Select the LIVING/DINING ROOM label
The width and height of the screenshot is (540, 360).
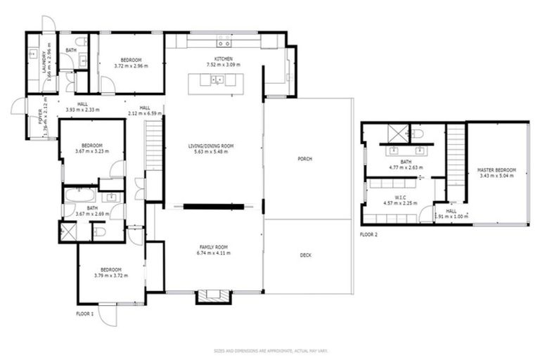click(x=210, y=146)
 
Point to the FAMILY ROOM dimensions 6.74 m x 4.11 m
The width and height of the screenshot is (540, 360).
click(x=214, y=252)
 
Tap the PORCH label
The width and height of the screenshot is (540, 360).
click(x=304, y=159)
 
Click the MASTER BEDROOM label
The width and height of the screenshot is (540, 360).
click(x=496, y=170)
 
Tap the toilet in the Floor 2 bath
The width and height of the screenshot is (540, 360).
click(x=416, y=133)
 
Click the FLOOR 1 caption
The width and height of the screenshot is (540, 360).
click(x=86, y=314)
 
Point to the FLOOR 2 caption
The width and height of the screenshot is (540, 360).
click(x=369, y=233)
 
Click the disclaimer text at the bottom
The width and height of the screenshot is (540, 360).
click(x=270, y=350)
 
